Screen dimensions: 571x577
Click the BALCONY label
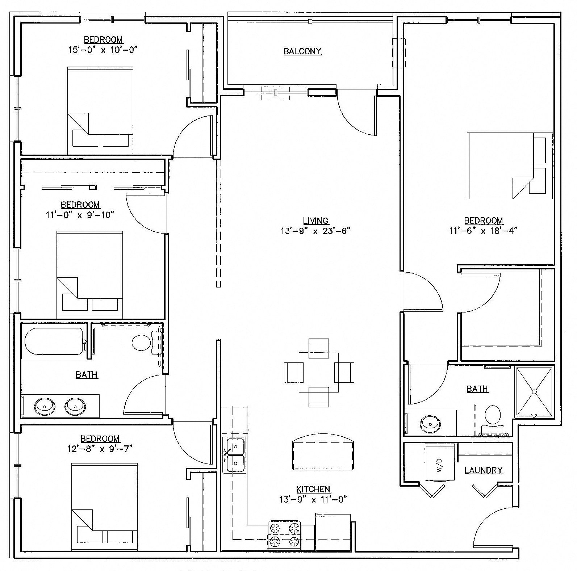tap(302, 51)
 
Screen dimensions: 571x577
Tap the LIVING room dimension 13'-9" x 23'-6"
tap(315, 231)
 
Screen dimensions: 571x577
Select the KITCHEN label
tap(313, 489)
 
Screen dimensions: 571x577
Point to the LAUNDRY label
tap(483, 470)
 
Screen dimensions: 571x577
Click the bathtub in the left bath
tap(54, 341)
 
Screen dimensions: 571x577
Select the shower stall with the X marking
tap(534, 392)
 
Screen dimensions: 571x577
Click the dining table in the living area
tap(318, 372)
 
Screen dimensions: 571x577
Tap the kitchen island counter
tap(322, 453)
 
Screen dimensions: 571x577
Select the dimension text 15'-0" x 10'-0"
tap(104, 50)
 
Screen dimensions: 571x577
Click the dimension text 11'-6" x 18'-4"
tap(483, 230)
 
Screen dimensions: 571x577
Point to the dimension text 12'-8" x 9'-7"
tap(100, 449)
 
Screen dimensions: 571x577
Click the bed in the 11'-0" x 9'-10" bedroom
tap(90, 274)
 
